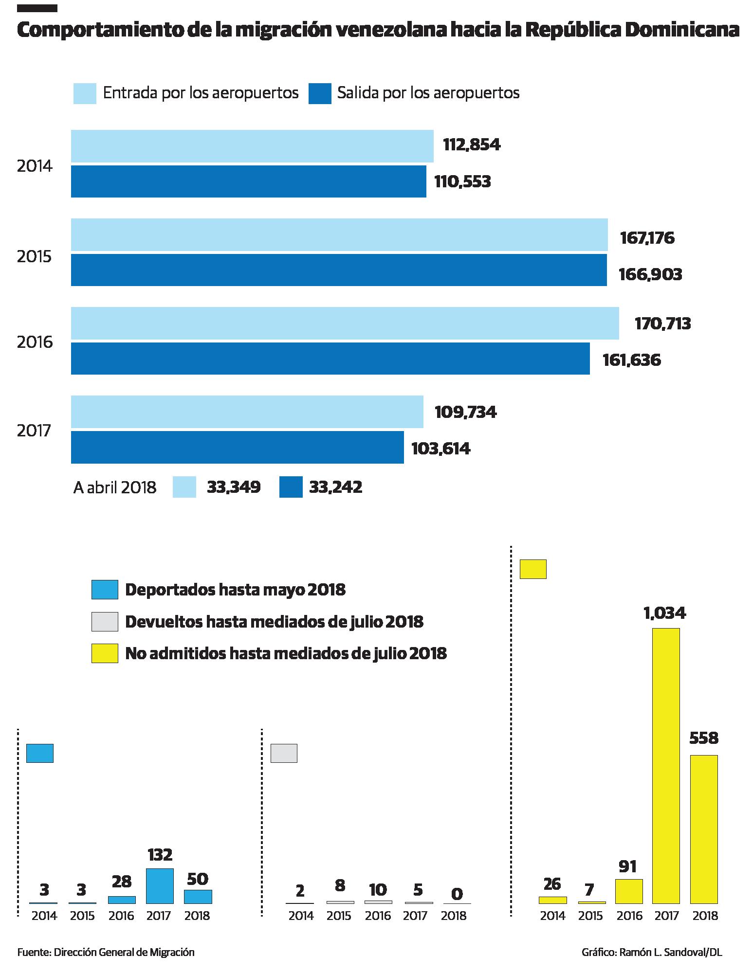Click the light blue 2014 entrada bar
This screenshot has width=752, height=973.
[x=252, y=145]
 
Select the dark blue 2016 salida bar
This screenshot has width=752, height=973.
[x=330, y=359]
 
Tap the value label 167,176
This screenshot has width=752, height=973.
[x=647, y=238]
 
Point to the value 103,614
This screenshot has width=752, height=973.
[x=440, y=448]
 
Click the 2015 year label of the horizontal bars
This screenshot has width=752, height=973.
[x=34, y=256]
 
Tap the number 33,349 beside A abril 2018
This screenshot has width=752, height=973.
[x=234, y=487]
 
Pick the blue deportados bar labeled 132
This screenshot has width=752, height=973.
[x=160, y=885]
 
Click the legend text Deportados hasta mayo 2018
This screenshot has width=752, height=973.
[x=235, y=589]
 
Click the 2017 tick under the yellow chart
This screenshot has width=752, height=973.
[x=666, y=916]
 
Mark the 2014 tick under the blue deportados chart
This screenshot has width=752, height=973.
[x=44, y=916]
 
